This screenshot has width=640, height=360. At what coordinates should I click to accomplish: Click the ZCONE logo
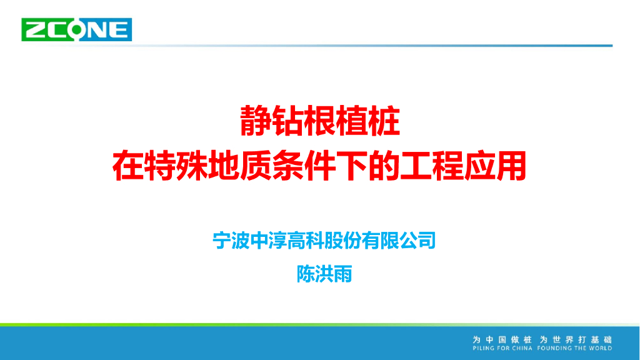[77, 29]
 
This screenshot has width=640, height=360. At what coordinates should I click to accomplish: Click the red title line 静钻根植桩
[319, 121]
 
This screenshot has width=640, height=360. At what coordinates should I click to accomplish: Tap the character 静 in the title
[256, 121]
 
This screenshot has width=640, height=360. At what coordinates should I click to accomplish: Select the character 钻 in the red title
[288, 121]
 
